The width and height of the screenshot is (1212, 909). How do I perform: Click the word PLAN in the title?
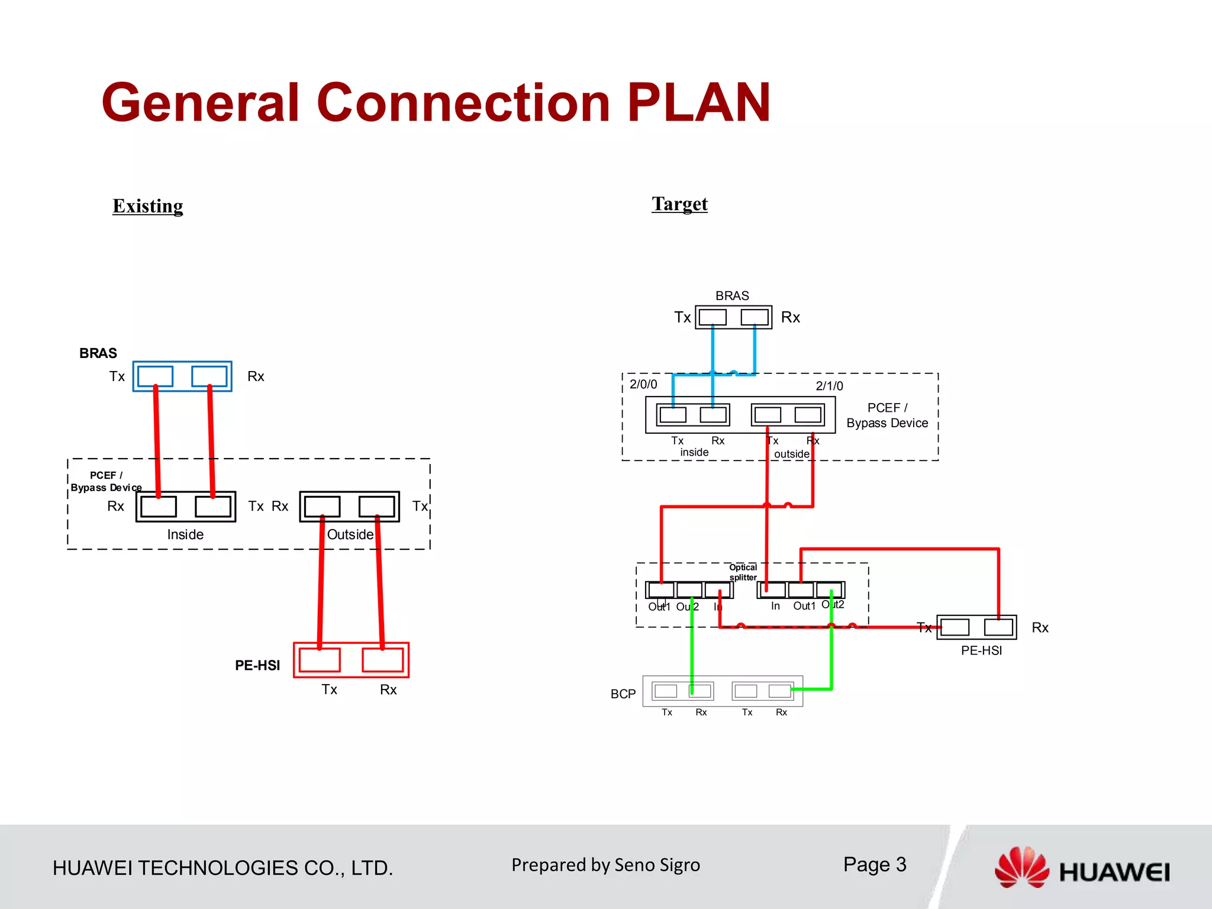698,103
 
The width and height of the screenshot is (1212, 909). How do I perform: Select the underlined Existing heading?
148,206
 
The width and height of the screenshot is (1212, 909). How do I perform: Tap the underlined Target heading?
679,204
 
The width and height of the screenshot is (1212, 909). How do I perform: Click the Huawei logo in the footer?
1082,869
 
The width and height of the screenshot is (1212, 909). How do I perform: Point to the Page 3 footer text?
875,865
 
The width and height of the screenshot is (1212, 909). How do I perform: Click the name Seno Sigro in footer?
657,865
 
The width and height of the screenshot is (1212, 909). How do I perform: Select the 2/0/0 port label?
643,384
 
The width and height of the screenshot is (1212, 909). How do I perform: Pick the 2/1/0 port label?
829,386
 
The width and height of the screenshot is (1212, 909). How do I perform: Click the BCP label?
623,694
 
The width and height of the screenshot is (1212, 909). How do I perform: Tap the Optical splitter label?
743,572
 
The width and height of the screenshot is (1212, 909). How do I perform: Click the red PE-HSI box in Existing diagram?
351,660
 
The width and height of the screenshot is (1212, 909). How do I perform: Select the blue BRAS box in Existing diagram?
182,376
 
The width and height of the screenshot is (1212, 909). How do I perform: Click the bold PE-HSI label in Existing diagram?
257,665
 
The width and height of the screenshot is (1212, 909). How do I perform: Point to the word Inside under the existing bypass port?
185,534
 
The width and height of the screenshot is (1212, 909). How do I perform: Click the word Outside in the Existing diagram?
350,534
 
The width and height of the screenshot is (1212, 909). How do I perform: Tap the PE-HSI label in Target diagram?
981,650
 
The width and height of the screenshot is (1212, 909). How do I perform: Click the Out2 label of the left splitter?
687,607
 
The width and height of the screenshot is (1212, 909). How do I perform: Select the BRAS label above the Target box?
732,295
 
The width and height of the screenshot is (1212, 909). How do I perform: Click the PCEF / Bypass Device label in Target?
887,415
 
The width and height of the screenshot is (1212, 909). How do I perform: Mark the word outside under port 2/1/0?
792,454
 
